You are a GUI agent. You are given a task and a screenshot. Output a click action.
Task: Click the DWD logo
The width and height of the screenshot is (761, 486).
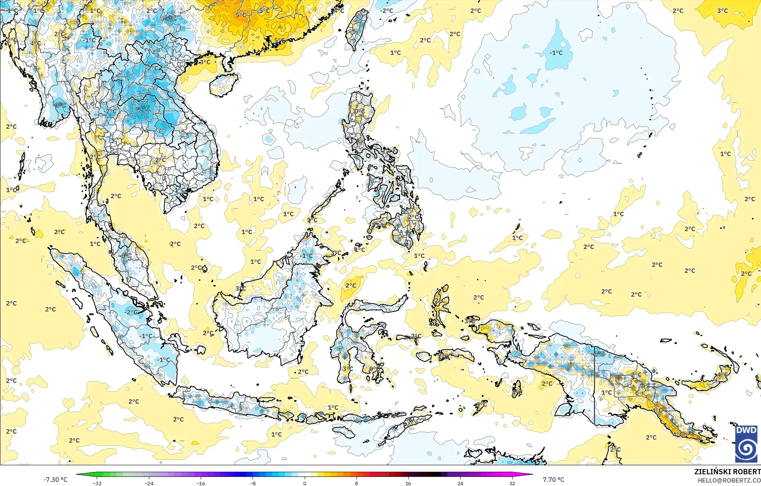[747, 444]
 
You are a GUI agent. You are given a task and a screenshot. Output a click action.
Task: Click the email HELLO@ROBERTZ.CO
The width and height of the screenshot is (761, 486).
[729, 480]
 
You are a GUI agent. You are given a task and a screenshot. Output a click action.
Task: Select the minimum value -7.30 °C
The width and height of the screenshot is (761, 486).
[55, 480]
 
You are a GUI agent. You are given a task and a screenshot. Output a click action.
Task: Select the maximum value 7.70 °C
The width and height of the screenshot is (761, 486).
[553, 480]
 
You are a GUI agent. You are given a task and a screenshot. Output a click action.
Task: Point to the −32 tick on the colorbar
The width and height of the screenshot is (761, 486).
[97, 483]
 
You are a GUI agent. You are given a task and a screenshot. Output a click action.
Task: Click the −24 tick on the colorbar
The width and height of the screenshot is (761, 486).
[149, 483]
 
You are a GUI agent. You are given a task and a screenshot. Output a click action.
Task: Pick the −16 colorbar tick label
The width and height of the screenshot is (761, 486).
[201, 483]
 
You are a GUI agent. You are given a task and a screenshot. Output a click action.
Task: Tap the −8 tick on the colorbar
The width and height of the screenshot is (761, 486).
[253, 483]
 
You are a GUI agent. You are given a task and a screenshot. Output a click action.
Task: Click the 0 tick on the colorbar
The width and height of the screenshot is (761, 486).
[305, 483]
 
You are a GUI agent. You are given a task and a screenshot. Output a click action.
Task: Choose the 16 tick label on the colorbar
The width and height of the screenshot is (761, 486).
[408, 483]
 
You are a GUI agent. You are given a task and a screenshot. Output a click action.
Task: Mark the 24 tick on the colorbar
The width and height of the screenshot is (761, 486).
[460, 483]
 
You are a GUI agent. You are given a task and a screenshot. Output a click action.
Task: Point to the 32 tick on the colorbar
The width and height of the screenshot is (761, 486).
[512, 483]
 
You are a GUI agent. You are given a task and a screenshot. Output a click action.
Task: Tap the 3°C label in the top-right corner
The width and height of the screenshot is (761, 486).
[722, 11]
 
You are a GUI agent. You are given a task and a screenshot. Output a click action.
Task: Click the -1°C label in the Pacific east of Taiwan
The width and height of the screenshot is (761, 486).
[556, 53]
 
